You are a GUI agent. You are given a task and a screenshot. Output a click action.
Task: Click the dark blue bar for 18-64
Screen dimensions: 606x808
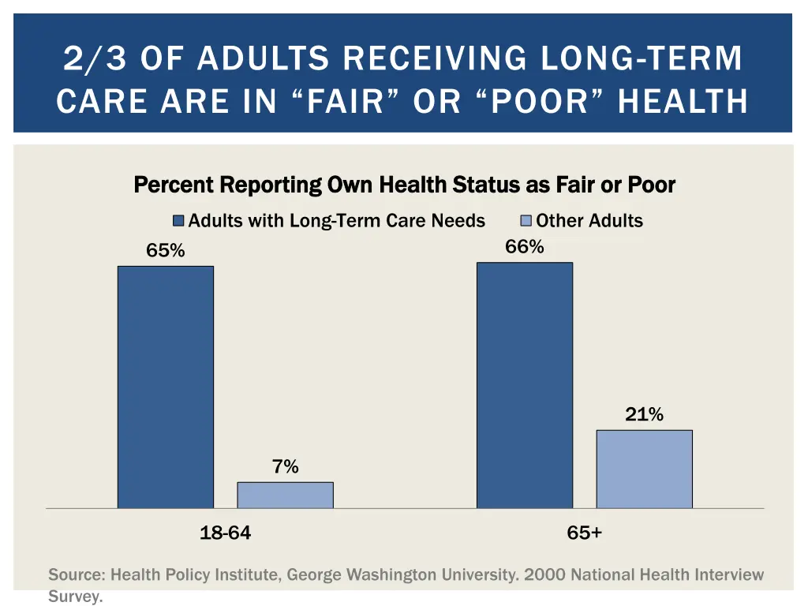166,387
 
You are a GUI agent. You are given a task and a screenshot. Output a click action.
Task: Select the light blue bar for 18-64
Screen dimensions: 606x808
285,495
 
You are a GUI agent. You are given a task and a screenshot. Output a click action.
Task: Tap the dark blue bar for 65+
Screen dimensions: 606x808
525,385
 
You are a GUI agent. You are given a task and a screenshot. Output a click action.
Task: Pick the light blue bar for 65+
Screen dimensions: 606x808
644,469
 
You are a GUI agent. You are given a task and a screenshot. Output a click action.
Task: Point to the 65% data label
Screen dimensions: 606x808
166,251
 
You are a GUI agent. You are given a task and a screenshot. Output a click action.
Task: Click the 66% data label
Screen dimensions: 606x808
525,247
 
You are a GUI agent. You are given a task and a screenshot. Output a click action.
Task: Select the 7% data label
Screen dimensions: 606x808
285,467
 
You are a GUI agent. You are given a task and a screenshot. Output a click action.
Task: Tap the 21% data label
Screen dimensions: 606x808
644,414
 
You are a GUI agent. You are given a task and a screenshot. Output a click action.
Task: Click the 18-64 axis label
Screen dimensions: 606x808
226,533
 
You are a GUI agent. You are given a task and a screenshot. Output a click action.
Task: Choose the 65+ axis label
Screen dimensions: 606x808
584,533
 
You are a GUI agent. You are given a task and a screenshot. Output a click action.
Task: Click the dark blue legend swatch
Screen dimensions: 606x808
179,221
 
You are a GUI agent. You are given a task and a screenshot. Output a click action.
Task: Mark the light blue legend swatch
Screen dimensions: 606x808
526,221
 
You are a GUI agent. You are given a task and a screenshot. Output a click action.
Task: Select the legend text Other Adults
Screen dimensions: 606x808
589,221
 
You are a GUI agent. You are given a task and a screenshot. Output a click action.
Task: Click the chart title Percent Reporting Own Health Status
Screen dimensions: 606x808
405,185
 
